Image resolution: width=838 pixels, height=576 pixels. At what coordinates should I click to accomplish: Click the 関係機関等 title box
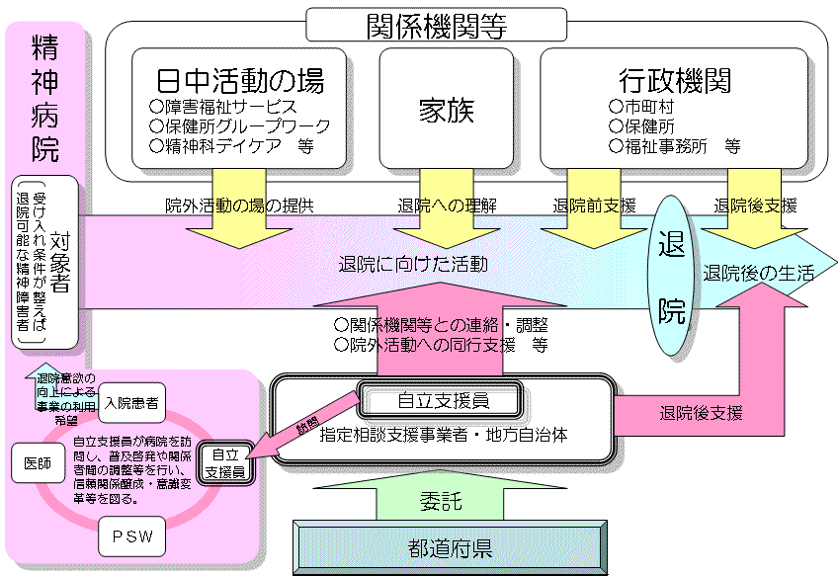436,24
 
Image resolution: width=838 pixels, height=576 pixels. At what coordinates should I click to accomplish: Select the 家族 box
446,111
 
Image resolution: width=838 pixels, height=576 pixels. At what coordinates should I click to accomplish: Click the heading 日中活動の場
240,79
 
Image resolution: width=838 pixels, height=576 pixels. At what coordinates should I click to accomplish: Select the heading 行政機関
675,79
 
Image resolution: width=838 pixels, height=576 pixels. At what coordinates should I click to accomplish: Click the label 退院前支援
595,206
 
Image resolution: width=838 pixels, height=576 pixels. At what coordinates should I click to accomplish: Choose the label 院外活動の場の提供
239,206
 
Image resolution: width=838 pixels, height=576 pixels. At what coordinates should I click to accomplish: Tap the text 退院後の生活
758,274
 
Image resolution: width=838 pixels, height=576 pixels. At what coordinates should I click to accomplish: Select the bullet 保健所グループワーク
240,126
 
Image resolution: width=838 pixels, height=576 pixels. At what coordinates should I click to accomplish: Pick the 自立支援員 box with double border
443,400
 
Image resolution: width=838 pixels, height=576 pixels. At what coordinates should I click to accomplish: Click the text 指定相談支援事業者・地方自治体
444,434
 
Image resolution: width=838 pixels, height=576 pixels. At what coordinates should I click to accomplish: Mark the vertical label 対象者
61,261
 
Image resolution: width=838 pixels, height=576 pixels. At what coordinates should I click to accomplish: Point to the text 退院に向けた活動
412,264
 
